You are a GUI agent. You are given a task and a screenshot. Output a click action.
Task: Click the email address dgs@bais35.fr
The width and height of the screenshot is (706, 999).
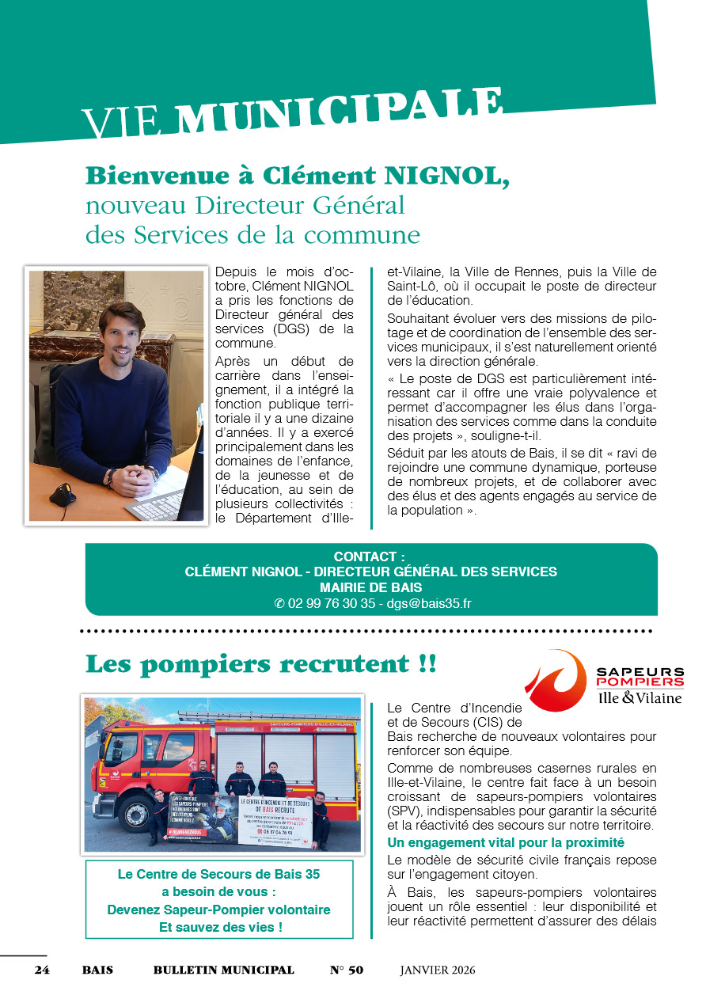click(x=428, y=603)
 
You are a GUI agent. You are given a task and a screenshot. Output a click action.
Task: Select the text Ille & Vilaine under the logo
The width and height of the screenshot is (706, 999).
click(x=640, y=697)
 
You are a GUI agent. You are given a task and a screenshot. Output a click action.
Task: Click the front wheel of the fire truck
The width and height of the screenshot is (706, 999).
click(x=135, y=812)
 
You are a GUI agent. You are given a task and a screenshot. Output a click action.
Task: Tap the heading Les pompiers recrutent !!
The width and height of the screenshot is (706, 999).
click(x=260, y=663)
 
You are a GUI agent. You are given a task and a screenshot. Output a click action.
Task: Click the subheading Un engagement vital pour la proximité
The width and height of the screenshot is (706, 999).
click(x=506, y=842)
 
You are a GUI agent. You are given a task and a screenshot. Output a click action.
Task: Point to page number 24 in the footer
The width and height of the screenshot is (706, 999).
click(x=42, y=971)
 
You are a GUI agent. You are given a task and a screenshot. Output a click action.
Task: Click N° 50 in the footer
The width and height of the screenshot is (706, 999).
click(x=347, y=971)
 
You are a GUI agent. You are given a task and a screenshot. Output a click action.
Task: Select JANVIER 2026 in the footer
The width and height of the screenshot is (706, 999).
click(x=437, y=971)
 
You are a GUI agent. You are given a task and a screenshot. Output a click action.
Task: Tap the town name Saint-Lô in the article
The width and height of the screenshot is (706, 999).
click(x=412, y=286)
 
